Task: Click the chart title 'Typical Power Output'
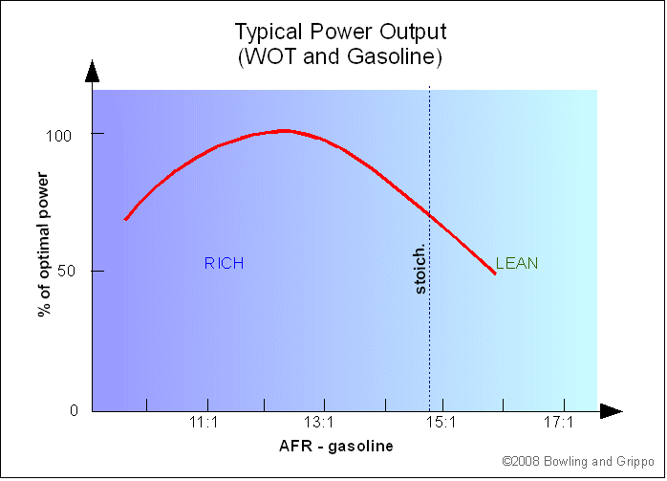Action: (x=340, y=33)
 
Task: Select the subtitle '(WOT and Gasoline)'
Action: (x=340, y=56)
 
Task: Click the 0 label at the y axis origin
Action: (x=75, y=411)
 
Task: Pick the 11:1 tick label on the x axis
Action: (x=207, y=422)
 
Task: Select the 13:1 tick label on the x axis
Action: (x=319, y=422)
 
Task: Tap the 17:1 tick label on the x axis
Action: (x=557, y=422)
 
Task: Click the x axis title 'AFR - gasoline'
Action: (x=335, y=446)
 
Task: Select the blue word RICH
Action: (x=225, y=263)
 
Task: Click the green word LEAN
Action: (x=517, y=263)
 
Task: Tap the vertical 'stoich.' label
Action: (x=420, y=269)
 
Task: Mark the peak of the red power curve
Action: (x=284, y=130)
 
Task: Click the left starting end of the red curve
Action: (x=125, y=219)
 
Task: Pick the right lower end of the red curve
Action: (x=495, y=273)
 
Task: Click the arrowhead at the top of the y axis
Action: (x=92, y=71)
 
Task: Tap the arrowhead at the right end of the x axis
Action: (x=612, y=411)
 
